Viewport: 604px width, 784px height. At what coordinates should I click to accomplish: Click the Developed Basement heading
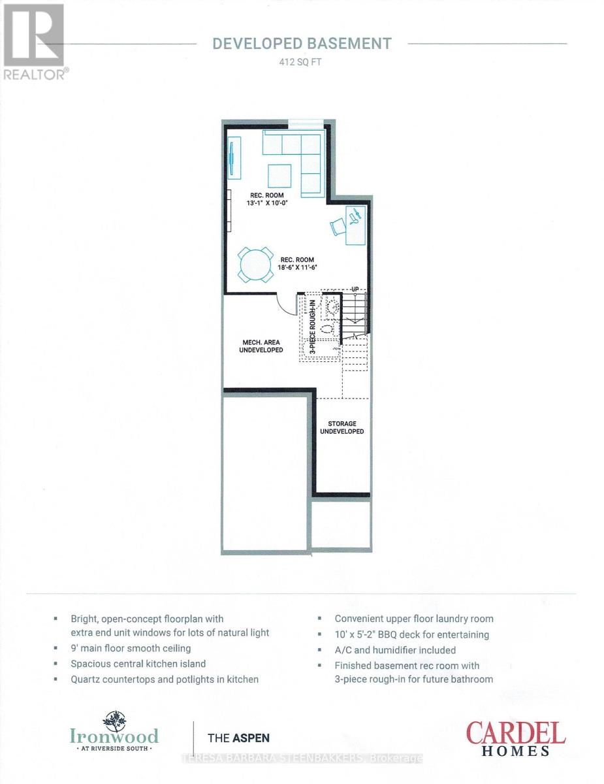click(302, 44)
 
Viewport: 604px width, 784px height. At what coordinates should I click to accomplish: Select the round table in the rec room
click(255, 265)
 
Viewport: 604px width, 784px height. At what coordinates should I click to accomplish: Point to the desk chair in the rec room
click(337, 225)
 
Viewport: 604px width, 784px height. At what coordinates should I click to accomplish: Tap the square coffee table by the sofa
click(279, 176)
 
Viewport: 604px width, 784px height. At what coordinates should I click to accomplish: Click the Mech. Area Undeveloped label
click(262, 346)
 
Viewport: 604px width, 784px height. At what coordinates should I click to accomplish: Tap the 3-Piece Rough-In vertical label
click(313, 327)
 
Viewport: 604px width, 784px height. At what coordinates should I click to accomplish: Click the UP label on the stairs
click(355, 289)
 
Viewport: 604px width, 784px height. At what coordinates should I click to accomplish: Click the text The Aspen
click(238, 738)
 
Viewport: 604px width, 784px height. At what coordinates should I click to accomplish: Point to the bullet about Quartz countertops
click(165, 679)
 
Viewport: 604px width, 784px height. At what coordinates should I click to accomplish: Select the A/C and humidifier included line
click(395, 650)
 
